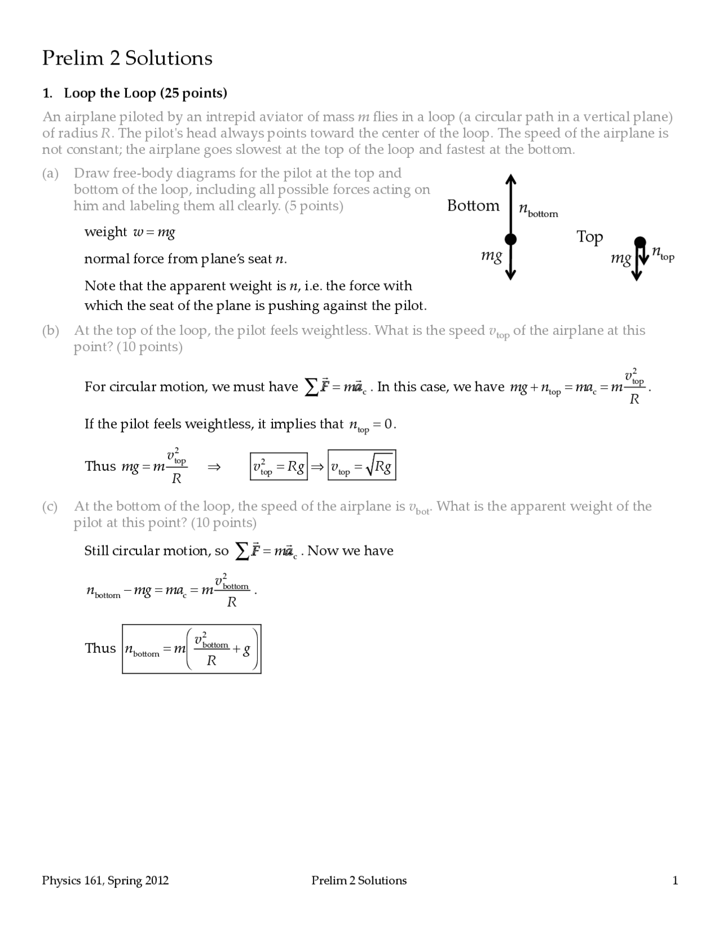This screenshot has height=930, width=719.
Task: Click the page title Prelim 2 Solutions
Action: [127, 58]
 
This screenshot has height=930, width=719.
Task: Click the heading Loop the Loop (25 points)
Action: [145, 93]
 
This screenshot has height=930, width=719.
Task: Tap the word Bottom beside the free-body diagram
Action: [473, 206]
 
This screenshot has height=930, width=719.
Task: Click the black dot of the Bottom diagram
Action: [510, 240]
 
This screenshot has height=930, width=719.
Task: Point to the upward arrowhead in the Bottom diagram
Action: [510, 179]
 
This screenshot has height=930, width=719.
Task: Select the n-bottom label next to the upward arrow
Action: [538, 210]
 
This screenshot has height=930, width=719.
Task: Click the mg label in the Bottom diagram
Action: [492, 256]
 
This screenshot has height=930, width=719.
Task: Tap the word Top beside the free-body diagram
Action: [589, 236]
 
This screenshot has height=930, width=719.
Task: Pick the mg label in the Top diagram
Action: [621, 258]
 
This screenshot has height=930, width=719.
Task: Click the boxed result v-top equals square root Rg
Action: [362, 466]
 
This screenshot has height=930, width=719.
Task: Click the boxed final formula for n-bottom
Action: [192, 649]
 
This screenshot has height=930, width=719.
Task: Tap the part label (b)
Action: [51, 330]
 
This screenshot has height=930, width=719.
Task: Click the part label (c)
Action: [50, 507]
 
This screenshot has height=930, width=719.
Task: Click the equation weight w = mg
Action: [130, 232]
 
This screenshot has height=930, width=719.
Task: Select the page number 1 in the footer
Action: [675, 881]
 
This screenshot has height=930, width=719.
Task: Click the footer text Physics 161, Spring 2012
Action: [105, 881]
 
